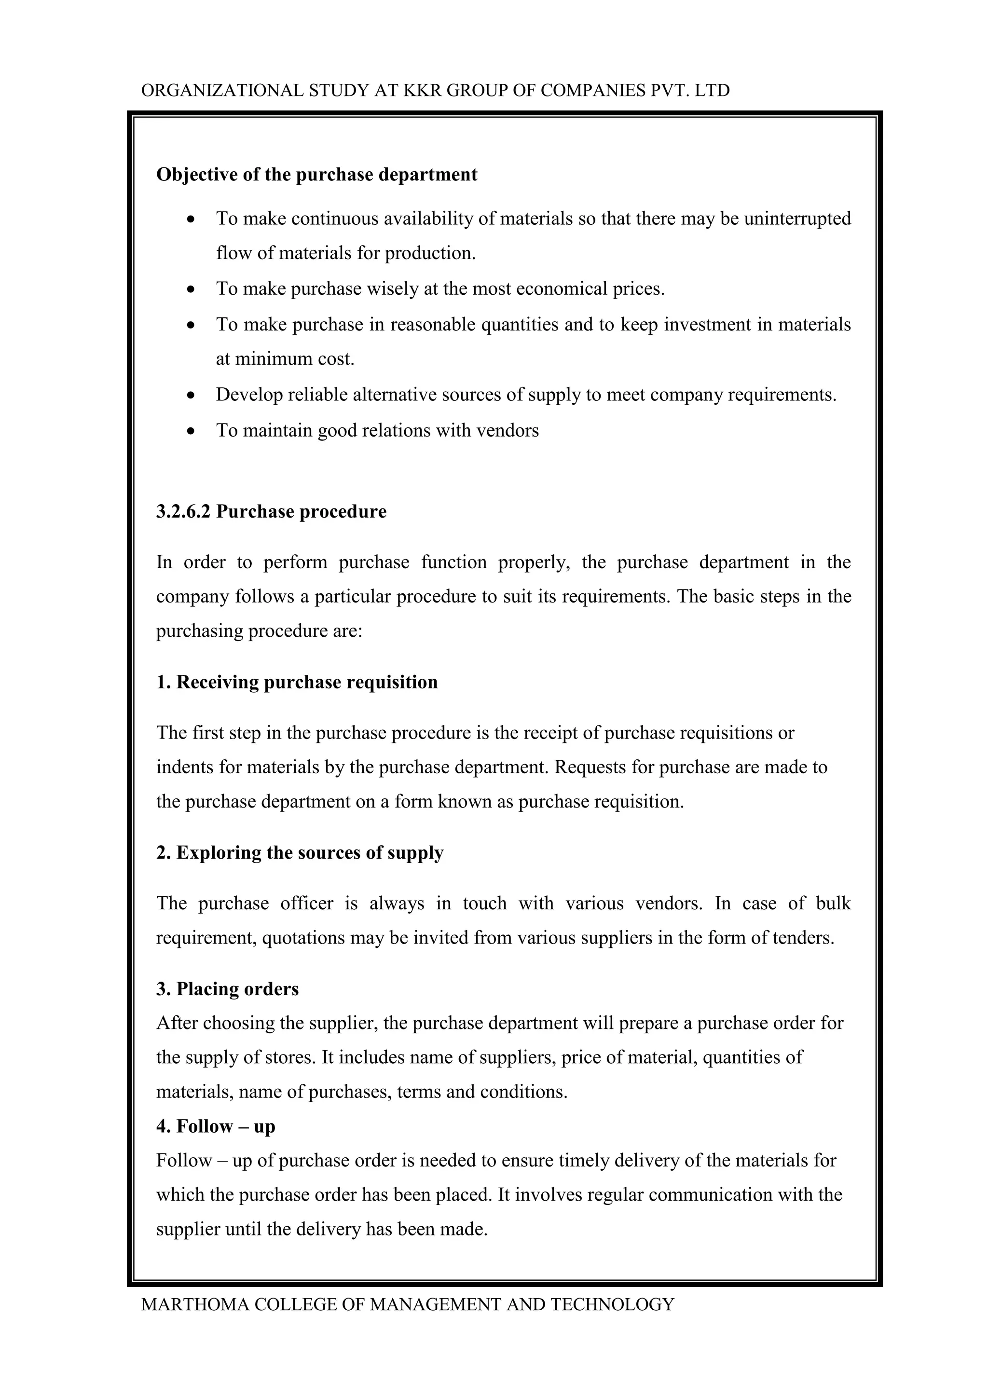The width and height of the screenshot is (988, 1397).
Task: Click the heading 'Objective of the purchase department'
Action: pyautogui.click(x=316, y=175)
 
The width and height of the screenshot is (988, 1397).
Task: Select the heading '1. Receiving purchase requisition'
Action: pyautogui.click(x=297, y=682)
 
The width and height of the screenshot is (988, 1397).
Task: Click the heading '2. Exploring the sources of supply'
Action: pyautogui.click(x=300, y=853)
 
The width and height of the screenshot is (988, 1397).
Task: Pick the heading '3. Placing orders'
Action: pyautogui.click(x=228, y=989)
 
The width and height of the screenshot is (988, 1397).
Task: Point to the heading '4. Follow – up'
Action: pyautogui.click(x=216, y=1126)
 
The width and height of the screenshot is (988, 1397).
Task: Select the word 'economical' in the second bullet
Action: pyautogui.click(x=562, y=288)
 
